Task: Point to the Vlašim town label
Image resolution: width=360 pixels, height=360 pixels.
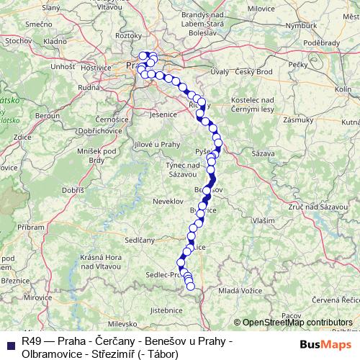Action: click(263, 220)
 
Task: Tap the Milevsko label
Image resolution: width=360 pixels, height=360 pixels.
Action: click(125, 325)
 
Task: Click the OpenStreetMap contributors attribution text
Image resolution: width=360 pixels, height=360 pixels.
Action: click(292, 323)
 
